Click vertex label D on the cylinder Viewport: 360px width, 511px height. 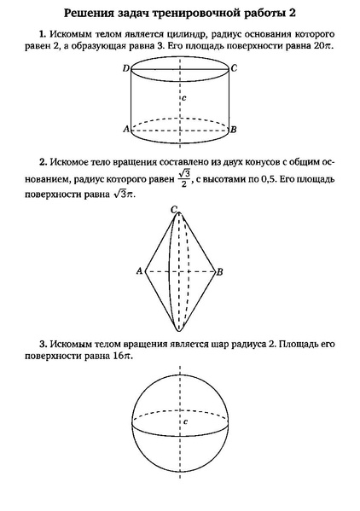coord(125,67)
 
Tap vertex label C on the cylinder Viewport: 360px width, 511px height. coord(233,67)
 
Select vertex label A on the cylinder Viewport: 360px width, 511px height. coord(125,129)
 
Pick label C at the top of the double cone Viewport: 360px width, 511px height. coord(173,209)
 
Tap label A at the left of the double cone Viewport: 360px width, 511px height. coord(138,271)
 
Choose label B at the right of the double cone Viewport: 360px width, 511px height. coord(220,272)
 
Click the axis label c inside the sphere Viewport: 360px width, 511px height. coord(185,421)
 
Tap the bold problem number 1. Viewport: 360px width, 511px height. coord(41,34)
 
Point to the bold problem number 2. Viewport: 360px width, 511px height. coord(41,160)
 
